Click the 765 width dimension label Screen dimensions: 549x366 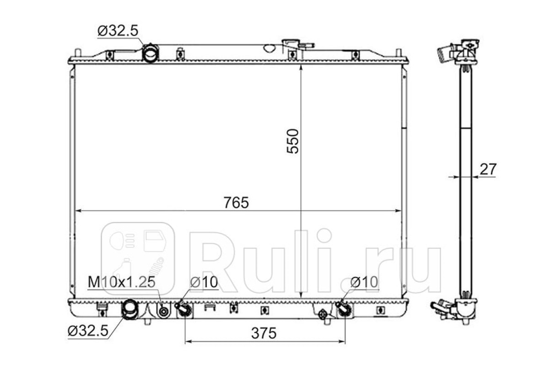pos(236,202)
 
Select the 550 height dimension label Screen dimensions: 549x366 pos(293,141)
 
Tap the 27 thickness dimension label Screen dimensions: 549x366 pos(488,169)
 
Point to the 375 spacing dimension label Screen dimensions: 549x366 pos(264,333)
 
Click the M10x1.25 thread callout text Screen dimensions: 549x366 pos(122,282)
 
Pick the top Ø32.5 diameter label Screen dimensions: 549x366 pos(118,31)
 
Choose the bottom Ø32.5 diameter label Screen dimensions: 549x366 pos(88,331)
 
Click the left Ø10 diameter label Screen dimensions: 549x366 pos(204,282)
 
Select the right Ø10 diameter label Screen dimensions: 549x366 pos(364,282)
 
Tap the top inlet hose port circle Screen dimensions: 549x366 pos(150,53)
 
